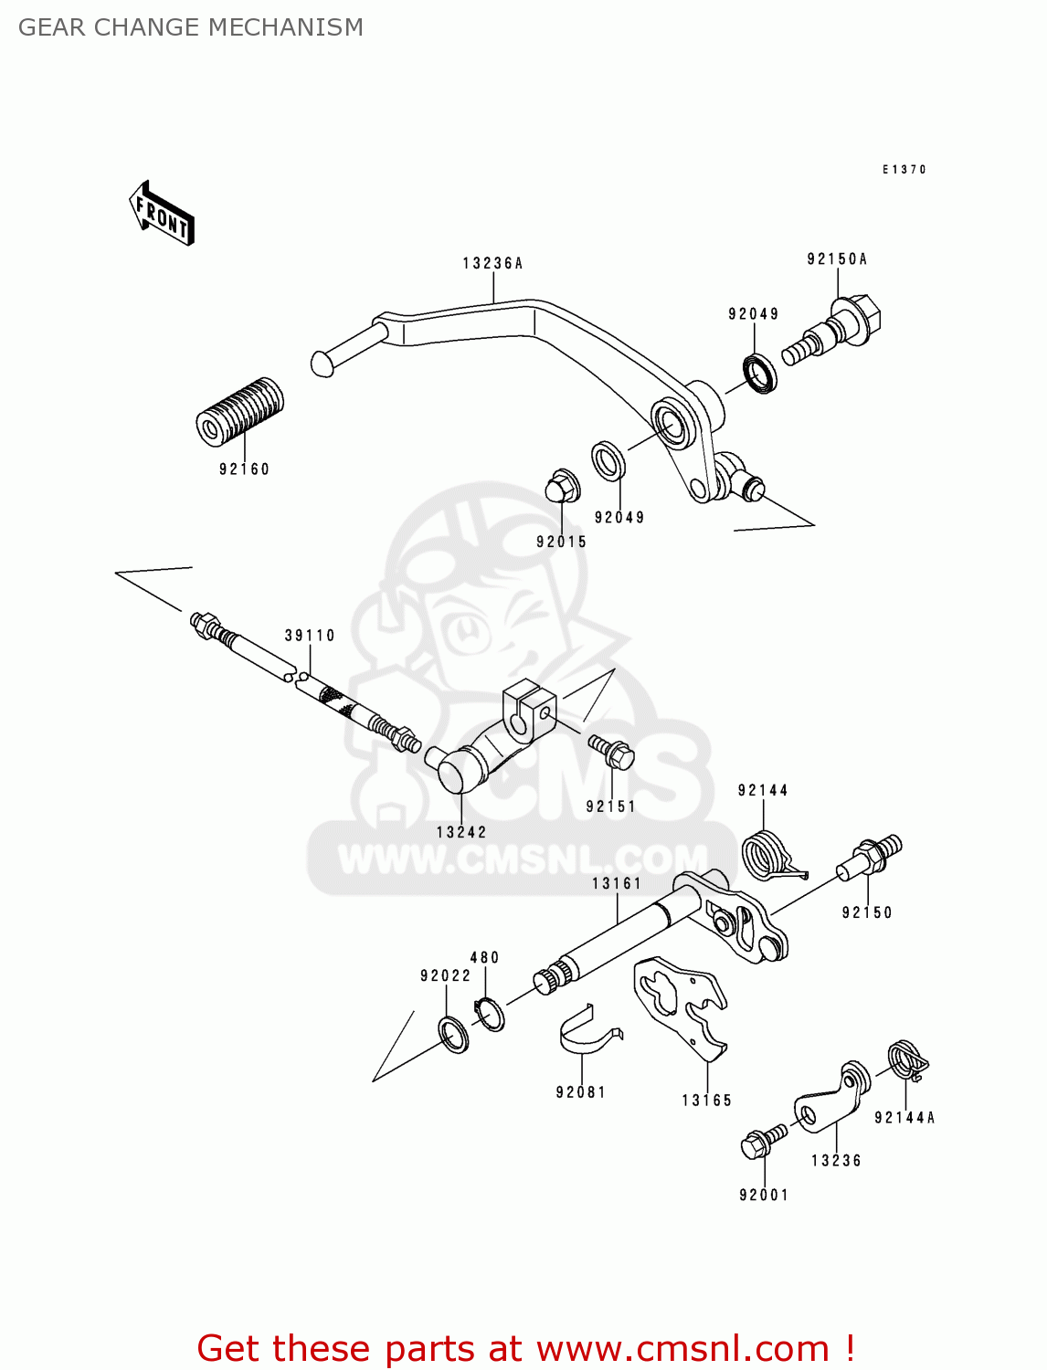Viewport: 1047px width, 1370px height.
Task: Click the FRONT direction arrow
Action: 163,214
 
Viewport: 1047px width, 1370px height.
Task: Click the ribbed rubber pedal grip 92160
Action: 239,412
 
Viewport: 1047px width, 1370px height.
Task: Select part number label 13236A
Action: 492,263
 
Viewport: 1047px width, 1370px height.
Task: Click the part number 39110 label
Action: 310,636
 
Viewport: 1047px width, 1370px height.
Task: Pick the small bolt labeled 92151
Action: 612,753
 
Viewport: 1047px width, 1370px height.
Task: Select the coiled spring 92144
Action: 767,857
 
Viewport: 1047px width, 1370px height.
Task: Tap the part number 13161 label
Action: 617,883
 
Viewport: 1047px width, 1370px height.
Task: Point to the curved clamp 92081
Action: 587,1036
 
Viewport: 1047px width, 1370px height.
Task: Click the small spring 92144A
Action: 907,1060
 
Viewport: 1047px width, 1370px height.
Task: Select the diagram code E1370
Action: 904,170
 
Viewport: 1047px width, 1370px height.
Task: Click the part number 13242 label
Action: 461,832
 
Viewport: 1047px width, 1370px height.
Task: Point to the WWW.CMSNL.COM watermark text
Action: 523,859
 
